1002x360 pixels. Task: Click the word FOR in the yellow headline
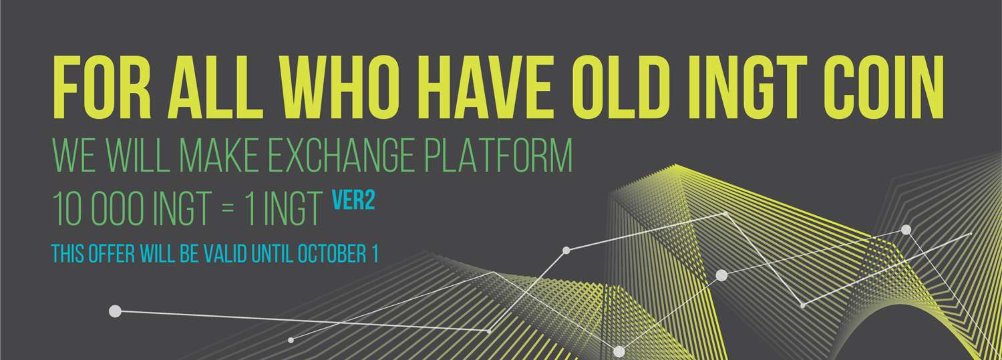(102, 87)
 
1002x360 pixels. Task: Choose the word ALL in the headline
(215, 87)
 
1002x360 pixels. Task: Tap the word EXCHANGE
(341, 156)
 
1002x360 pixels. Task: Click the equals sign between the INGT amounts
(228, 209)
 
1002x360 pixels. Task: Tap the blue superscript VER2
(353, 201)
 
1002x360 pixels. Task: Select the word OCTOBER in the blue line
(333, 254)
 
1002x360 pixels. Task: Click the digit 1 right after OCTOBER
(375, 254)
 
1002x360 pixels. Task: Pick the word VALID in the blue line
(225, 254)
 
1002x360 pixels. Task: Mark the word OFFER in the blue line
(112, 254)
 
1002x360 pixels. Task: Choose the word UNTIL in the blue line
(272, 254)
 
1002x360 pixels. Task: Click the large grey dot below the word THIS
(115, 311)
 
